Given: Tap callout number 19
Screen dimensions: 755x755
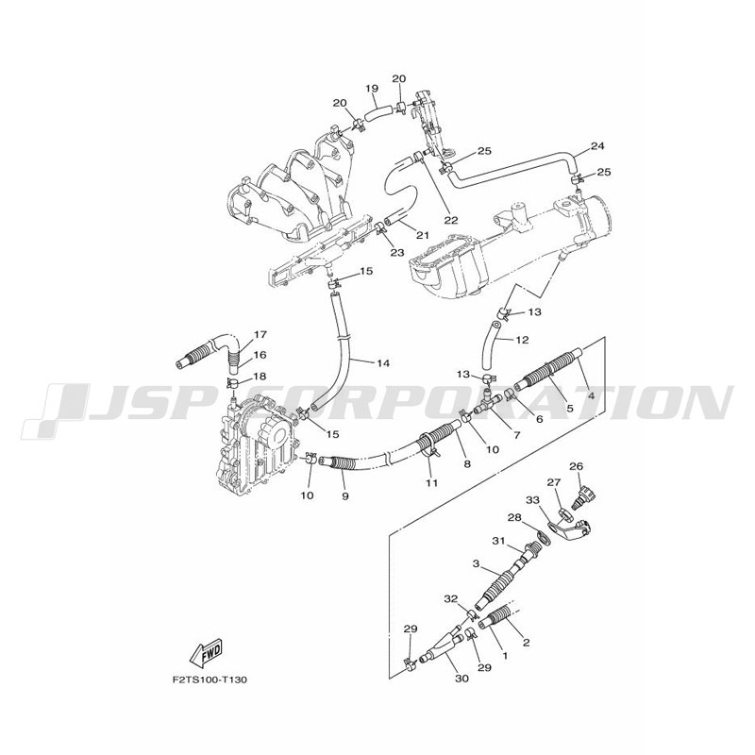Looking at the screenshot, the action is point(372,88).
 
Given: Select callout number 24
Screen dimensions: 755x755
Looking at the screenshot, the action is point(597,146).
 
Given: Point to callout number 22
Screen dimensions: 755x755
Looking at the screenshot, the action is point(451,221).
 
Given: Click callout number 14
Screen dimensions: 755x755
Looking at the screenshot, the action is point(383,363).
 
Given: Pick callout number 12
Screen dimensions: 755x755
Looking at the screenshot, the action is point(523,340).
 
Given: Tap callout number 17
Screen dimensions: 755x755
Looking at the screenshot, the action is point(260,334).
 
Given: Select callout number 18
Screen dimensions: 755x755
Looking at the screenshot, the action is point(260,376).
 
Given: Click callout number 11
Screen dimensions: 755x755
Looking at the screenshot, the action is point(432,482).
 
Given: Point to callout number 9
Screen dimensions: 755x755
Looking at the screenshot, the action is point(345,495).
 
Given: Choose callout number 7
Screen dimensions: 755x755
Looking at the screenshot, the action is point(517,435).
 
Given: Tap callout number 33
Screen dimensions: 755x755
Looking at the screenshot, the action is point(533,501).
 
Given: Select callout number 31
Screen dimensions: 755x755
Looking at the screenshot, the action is point(498,541).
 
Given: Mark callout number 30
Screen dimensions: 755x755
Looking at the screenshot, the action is point(461,679).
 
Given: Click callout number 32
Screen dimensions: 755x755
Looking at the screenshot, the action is point(451,599).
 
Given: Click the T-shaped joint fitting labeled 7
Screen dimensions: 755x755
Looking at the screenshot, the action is point(486,404).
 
